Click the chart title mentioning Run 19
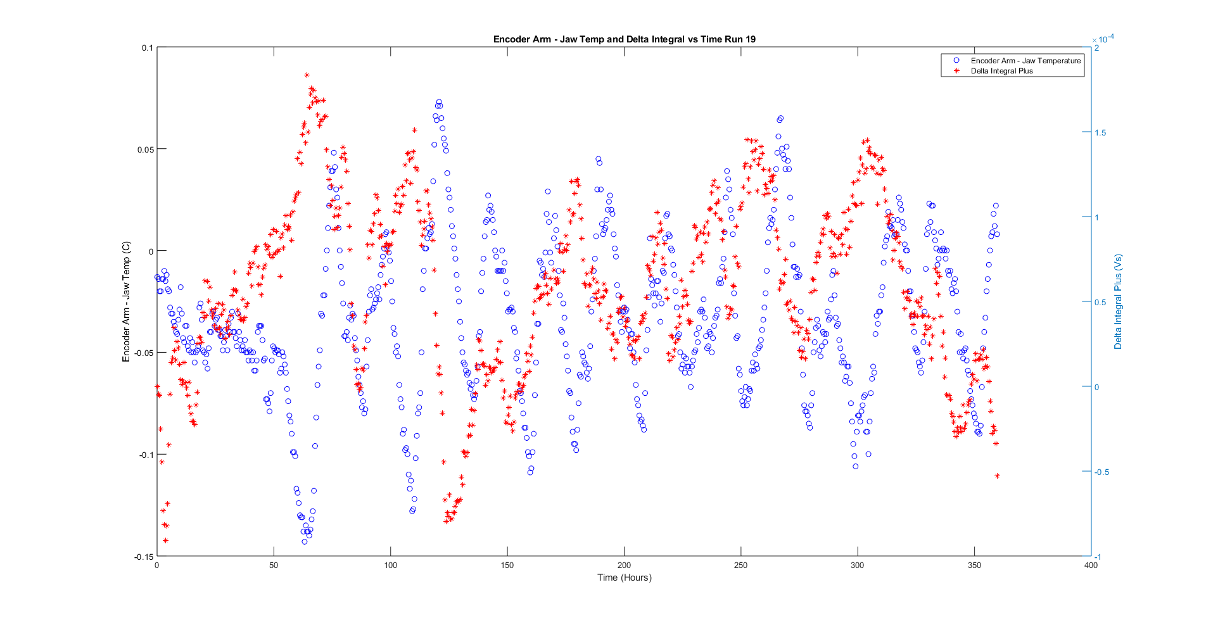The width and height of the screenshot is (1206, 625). tap(624, 39)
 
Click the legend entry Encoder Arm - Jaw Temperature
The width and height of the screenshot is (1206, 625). tap(1025, 61)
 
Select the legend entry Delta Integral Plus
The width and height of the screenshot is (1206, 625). tap(1001, 71)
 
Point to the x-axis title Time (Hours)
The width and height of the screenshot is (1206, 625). tap(624, 578)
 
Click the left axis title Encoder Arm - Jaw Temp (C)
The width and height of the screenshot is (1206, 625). tap(126, 301)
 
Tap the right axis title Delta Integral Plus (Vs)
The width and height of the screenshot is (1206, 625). tap(1118, 301)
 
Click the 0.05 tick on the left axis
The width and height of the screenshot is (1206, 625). tap(146, 149)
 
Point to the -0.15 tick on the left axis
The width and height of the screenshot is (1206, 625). tap(144, 557)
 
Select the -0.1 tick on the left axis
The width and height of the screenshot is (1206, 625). tap(146, 455)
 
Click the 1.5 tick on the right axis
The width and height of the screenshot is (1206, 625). tap(1100, 133)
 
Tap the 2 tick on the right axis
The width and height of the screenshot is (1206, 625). tap(1096, 48)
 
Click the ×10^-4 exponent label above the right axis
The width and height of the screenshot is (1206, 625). tap(1106, 39)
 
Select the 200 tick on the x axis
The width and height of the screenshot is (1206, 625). tap(624, 565)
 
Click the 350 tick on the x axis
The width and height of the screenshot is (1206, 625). tap(974, 565)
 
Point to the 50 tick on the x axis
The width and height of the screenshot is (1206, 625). tap(274, 565)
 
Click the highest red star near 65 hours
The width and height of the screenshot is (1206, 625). tap(307, 75)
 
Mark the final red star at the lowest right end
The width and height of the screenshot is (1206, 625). tap(997, 476)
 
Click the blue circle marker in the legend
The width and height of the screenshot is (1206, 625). tap(956, 61)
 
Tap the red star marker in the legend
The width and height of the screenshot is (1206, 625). tap(956, 71)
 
